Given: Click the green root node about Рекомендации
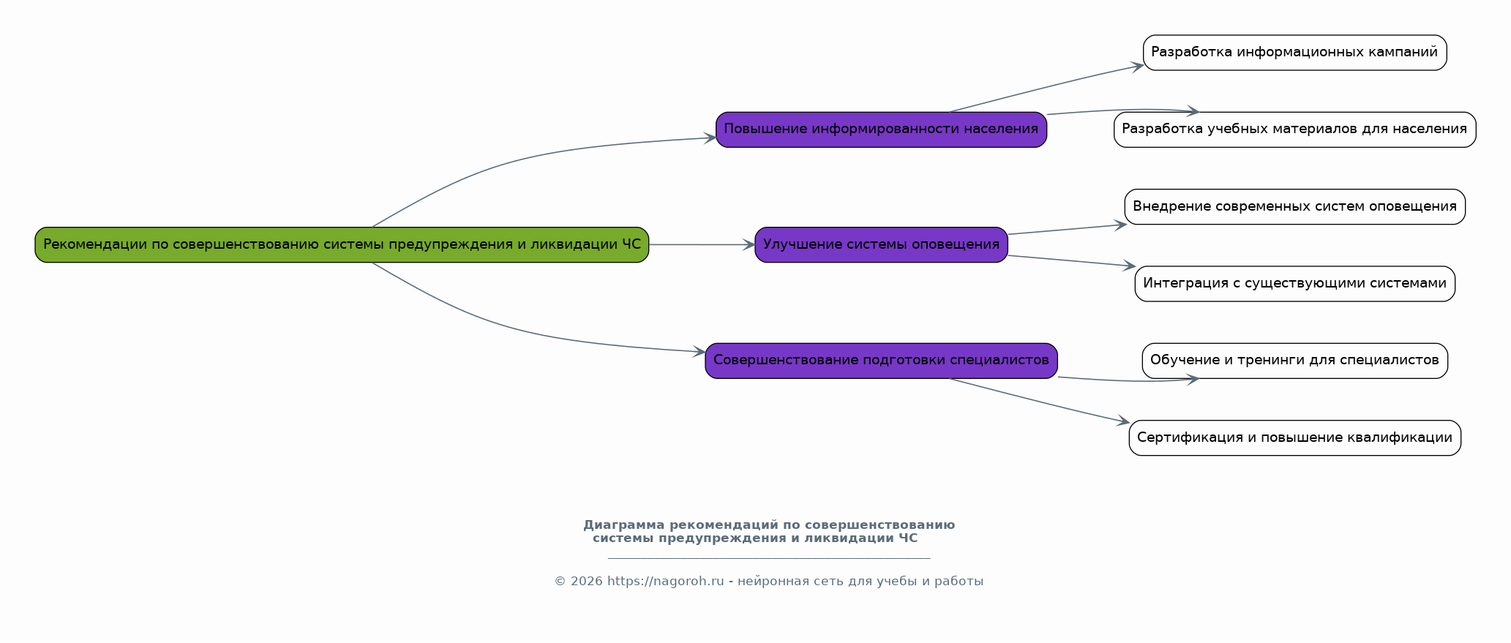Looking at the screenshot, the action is (x=342, y=244).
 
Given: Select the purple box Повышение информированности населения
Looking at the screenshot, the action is (x=881, y=129).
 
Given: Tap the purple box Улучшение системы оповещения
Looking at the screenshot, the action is (x=881, y=244).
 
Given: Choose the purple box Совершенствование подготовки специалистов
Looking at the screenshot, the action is (x=881, y=361).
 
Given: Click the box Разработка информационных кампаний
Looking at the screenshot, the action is (x=1294, y=53).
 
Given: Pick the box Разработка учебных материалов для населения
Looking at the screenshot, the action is (x=1294, y=129).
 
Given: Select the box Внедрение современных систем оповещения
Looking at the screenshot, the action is (x=1294, y=207).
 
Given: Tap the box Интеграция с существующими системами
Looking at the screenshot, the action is (x=1294, y=284).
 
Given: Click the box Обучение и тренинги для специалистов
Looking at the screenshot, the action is (x=1294, y=361).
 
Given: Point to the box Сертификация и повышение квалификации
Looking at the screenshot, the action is (x=1294, y=437).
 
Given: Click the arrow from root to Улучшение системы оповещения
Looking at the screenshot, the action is (x=702, y=244).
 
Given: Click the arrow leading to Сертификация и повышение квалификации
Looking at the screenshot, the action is (x=1039, y=401).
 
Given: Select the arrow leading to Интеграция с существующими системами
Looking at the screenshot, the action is (x=1072, y=261).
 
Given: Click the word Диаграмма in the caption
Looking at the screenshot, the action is (x=624, y=525).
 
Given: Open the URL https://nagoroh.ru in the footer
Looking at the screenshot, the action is (x=665, y=582).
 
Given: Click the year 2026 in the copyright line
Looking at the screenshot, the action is (x=585, y=582).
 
